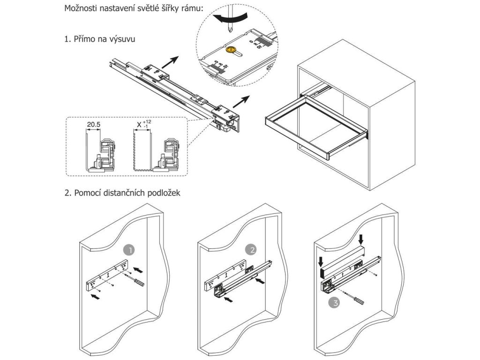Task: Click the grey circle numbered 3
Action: tap(334, 303)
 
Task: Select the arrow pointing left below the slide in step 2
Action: tap(228, 299)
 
